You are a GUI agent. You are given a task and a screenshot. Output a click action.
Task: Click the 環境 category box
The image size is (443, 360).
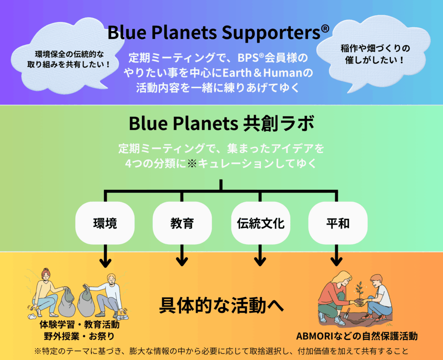[105, 223]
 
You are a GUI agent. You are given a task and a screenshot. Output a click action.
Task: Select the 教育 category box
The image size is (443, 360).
[182, 223]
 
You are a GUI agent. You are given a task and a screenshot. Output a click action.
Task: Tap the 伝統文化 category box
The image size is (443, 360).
[260, 223]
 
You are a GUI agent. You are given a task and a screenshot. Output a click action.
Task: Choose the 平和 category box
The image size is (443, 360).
[338, 223]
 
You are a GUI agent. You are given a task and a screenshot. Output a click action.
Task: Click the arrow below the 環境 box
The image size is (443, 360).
[106, 256]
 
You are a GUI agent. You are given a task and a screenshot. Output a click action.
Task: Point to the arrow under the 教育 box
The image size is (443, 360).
[182, 255]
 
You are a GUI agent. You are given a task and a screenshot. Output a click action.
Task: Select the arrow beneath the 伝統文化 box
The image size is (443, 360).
[260, 255]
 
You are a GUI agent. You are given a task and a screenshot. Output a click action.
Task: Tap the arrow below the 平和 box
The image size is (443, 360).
[336, 255]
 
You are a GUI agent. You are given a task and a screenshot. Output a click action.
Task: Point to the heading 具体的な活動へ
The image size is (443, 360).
[221, 305]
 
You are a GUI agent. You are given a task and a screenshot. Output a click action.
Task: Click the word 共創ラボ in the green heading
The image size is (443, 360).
[278, 124]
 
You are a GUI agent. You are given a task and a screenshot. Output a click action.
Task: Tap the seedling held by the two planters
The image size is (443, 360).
[360, 290]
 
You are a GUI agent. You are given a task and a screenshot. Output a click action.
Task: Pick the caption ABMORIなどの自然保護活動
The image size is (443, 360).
[357, 336]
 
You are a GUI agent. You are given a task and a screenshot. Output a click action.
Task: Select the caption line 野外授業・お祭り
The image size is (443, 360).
[80, 336]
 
